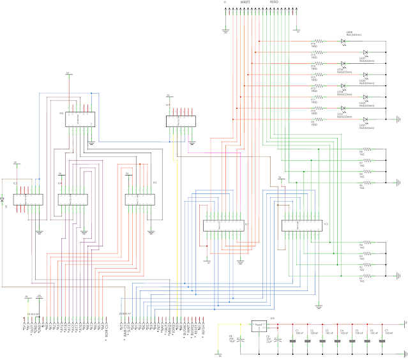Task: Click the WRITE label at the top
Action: pyautogui.click(x=245, y=3)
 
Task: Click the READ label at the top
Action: pyautogui.click(x=275, y=3)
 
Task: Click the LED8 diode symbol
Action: pyautogui.click(x=343, y=42)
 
